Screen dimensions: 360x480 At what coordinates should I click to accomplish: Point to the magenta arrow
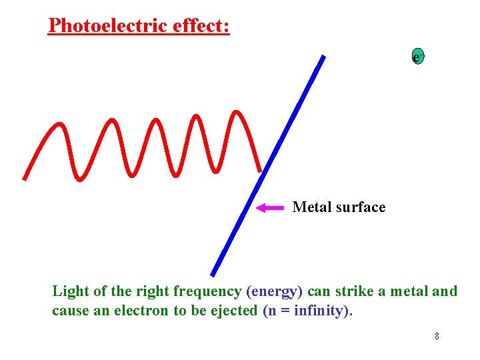[x=271, y=208]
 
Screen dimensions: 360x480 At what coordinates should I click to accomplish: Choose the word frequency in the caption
[x=209, y=292]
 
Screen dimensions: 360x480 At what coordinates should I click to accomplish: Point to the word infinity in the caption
[x=323, y=311]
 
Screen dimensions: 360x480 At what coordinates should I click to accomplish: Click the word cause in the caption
[x=69, y=311]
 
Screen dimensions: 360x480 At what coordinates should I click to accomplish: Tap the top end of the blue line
[x=323, y=57]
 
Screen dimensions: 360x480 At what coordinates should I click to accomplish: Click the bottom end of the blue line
[x=213, y=273]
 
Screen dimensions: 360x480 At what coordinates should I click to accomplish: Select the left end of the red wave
[x=25, y=178]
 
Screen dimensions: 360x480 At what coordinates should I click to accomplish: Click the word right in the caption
[x=153, y=292]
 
